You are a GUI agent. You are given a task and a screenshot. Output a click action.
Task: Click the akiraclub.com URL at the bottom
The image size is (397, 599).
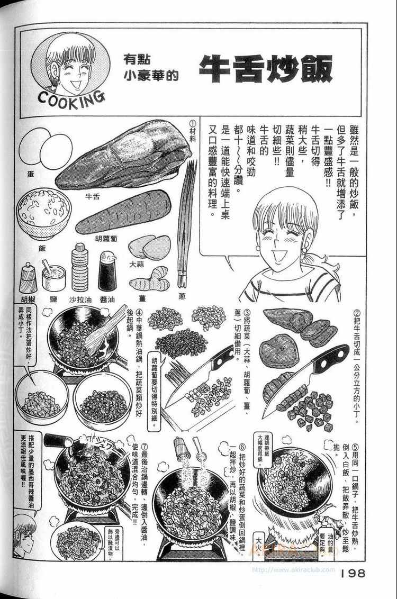[293, 570]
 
